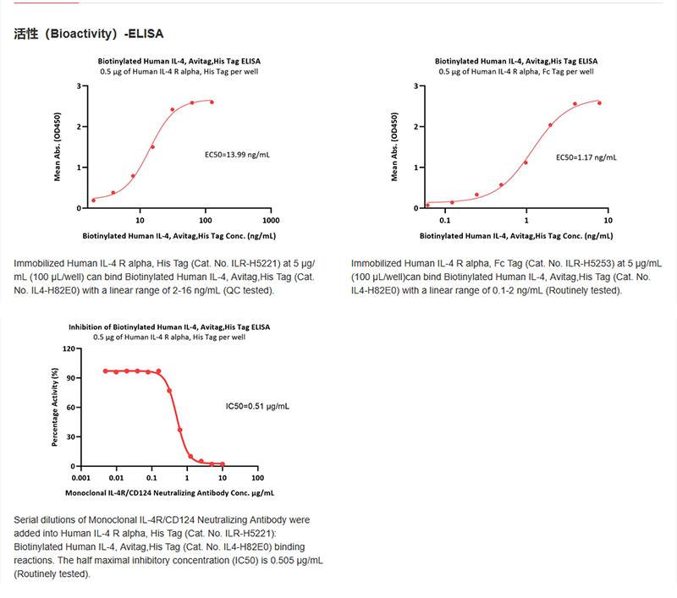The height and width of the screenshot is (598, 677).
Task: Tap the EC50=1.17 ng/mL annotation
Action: (x=586, y=156)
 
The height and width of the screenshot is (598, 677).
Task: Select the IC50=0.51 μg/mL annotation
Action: (x=256, y=407)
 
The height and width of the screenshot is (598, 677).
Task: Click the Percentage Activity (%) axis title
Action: (x=55, y=407)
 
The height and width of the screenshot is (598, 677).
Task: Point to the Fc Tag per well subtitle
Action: (x=517, y=72)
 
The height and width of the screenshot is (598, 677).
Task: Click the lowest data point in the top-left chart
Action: (x=93, y=200)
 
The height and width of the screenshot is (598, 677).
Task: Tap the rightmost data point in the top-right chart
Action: (x=599, y=103)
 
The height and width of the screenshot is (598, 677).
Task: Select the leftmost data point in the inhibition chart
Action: (x=105, y=371)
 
